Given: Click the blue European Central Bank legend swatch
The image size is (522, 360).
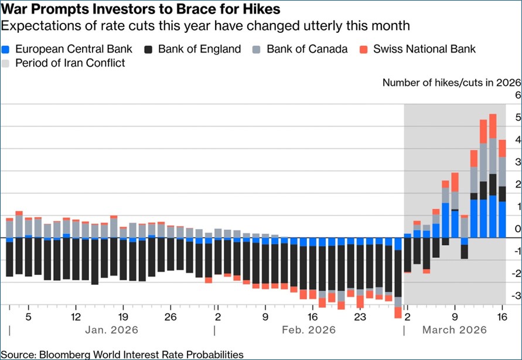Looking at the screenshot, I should [x=6, y=49].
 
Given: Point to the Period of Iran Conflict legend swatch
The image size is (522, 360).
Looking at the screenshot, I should [x=6, y=63].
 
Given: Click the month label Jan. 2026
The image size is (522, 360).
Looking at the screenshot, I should [x=112, y=330].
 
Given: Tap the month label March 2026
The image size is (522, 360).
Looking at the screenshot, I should [x=454, y=330].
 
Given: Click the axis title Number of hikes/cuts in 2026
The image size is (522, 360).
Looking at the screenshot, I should [x=452, y=82].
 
